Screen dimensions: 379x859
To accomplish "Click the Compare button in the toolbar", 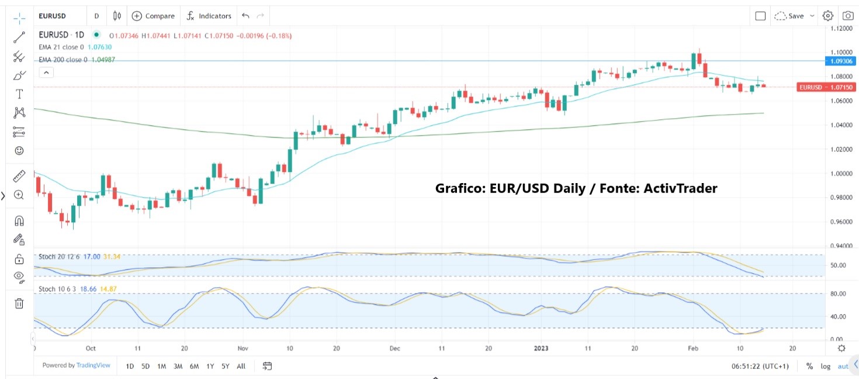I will pyautogui.click(x=153, y=16).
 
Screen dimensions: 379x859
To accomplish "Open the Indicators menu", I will pyautogui.click(x=209, y=16).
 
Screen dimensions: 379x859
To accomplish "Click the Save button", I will pyautogui.click(x=795, y=16).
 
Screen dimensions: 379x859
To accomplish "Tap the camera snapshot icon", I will pyautogui.click(x=847, y=16).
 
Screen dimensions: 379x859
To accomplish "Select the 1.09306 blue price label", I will pyautogui.click(x=840, y=61).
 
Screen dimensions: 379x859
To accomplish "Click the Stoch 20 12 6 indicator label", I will pyautogui.click(x=60, y=256).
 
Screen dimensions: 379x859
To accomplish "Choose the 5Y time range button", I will pyautogui.click(x=225, y=366).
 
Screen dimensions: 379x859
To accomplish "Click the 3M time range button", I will pyautogui.click(x=178, y=366).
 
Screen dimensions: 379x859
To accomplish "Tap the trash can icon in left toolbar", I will pyautogui.click(x=19, y=302).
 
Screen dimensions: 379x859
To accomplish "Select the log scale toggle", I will pyautogui.click(x=825, y=366).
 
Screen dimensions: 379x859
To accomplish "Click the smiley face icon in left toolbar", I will pyautogui.click(x=19, y=151).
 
